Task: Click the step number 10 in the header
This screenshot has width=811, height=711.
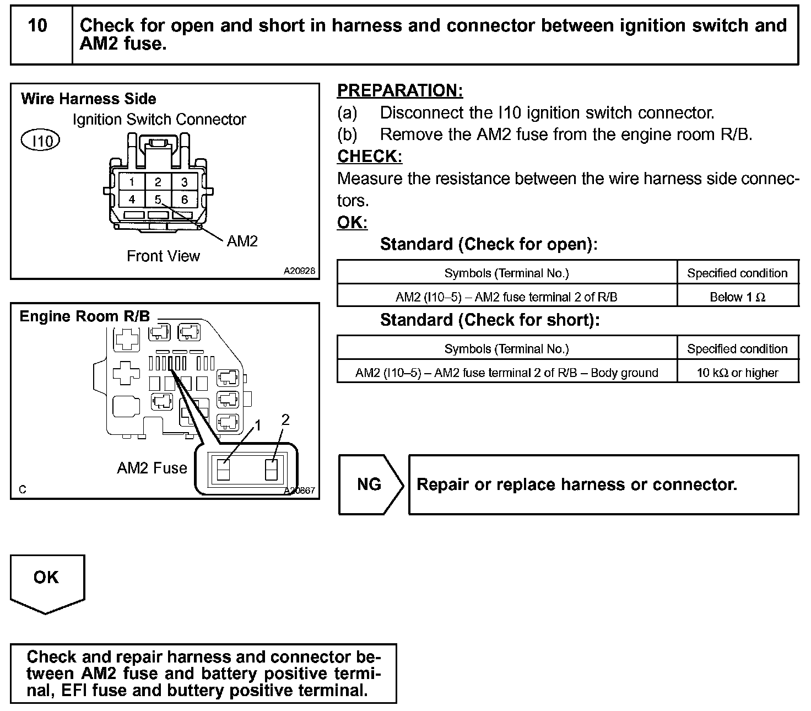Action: point(37,26)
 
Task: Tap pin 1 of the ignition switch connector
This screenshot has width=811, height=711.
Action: point(132,182)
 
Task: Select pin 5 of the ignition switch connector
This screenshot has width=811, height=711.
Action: point(158,200)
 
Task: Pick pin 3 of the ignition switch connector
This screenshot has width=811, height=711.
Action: point(184,182)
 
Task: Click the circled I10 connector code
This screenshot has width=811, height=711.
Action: point(40,141)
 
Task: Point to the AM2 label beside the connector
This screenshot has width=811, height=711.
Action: point(242,241)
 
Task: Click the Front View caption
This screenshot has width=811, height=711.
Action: point(163,256)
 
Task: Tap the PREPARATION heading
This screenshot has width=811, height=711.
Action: point(400,91)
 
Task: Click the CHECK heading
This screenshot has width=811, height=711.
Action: point(370,157)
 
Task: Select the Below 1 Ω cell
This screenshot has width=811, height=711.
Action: point(737,297)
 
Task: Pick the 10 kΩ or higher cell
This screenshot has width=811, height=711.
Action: point(737,373)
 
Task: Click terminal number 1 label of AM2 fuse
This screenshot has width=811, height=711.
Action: point(257,425)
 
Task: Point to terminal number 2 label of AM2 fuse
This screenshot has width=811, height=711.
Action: point(285,420)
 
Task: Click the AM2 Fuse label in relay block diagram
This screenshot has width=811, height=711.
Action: point(152,468)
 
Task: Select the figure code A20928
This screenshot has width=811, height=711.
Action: point(300,271)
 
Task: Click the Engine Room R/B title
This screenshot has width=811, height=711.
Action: point(84,316)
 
